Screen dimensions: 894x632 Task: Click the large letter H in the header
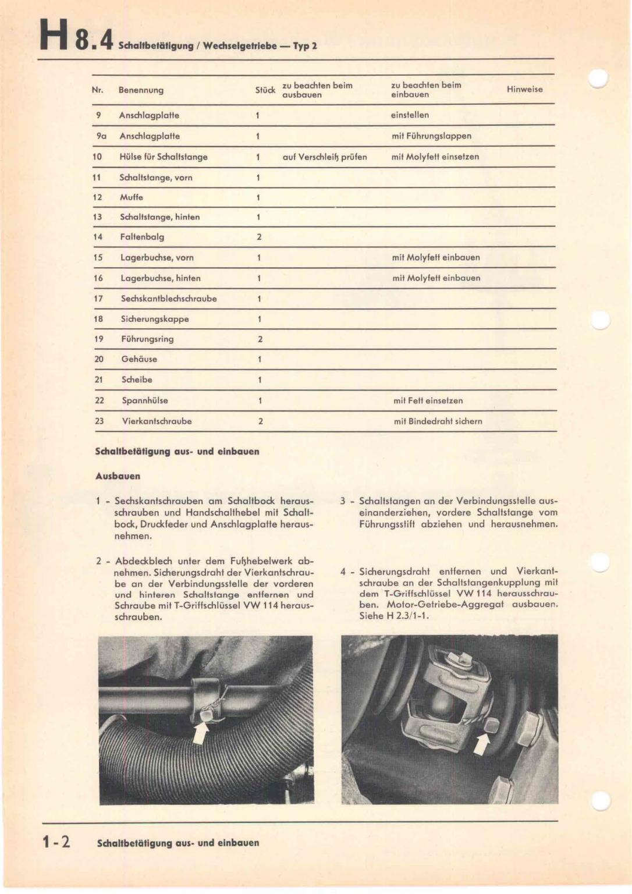(54, 37)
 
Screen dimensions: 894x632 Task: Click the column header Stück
(265, 90)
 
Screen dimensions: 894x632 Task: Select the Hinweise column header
(524, 89)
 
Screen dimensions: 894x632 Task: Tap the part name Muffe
(132, 197)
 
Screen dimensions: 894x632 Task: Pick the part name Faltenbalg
(142, 237)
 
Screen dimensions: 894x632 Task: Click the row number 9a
(101, 136)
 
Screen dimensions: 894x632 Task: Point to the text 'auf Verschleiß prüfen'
(325, 157)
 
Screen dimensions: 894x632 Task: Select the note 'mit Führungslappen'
(431, 136)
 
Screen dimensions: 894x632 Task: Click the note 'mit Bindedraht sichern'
(438, 421)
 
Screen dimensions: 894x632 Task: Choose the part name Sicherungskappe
(155, 319)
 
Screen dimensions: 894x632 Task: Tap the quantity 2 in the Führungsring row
(260, 339)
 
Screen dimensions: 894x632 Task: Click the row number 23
(100, 421)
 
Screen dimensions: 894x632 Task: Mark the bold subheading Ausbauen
(118, 476)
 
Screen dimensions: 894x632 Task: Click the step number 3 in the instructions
(343, 501)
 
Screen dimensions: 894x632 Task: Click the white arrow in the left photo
(200, 732)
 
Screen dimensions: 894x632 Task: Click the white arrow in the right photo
(481, 743)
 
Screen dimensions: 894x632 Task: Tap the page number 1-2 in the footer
(56, 842)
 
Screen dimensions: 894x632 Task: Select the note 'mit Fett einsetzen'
(428, 400)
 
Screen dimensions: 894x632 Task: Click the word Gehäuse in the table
(139, 359)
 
